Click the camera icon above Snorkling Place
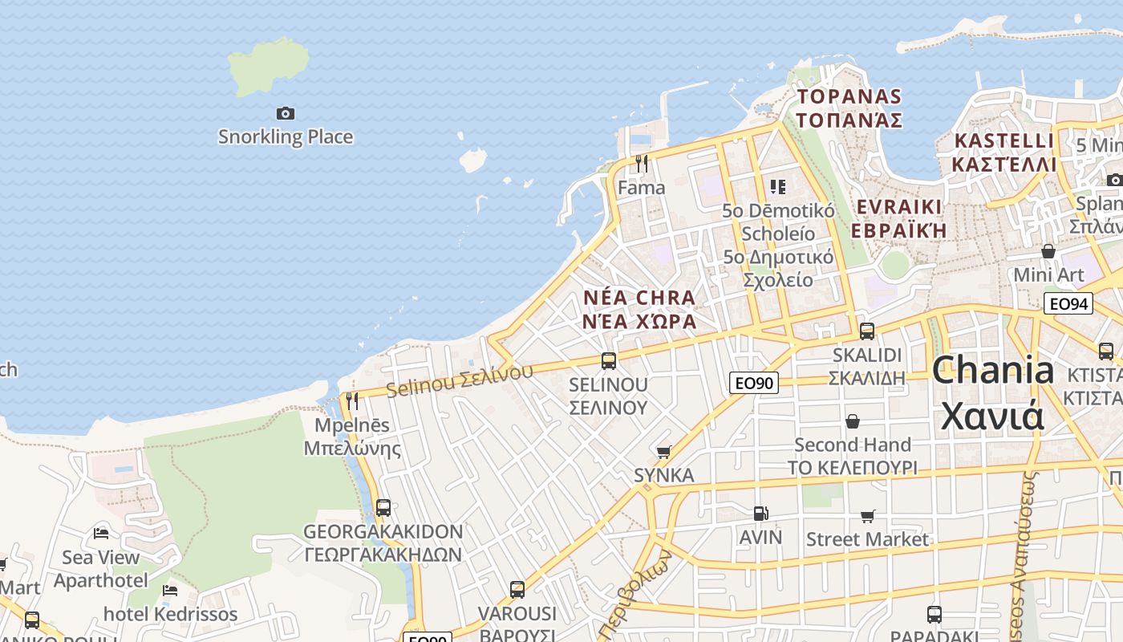[285, 113]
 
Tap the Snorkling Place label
[286, 136]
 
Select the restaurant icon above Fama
[641, 164]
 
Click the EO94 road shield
[1068, 303]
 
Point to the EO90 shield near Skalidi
[754, 383]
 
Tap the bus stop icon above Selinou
[609, 361]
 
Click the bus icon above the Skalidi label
[866, 331]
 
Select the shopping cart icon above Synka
[663, 452]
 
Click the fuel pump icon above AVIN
[760, 514]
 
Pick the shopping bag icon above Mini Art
[1048, 251]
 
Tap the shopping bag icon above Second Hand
[853, 421]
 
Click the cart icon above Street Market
[867, 516]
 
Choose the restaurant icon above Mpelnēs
[352, 401]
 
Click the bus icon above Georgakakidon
[383, 508]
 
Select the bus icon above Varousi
[517, 590]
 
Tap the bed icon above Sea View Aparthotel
[101, 533]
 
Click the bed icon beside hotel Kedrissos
[170, 591]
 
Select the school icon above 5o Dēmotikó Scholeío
[777, 187]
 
